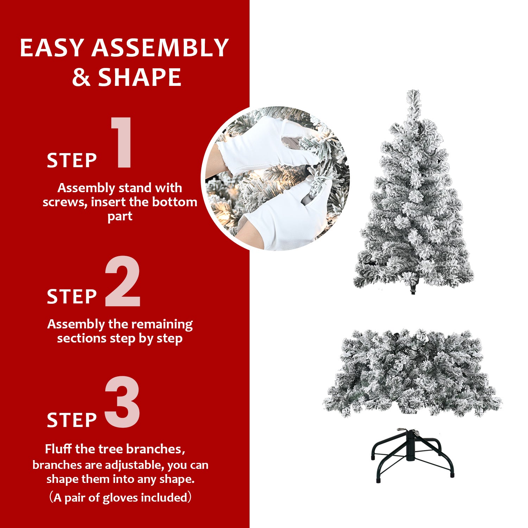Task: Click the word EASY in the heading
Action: click(x=51, y=48)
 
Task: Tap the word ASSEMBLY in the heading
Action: click(x=160, y=48)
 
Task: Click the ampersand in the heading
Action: click(x=81, y=78)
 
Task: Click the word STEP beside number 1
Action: click(x=72, y=161)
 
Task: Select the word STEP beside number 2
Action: click(x=72, y=297)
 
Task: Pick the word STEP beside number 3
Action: click(x=72, y=420)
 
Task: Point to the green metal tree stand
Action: click(x=412, y=454)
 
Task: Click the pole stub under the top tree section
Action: click(x=413, y=290)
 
